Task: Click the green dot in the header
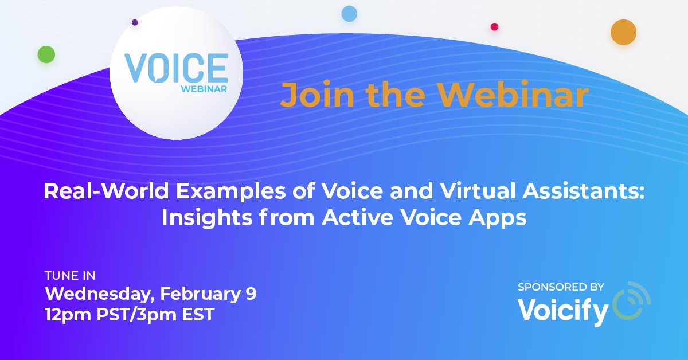point(46,54)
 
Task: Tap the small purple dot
point(135,23)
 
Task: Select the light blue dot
point(349,13)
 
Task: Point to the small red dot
point(494,26)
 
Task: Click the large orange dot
point(623,32)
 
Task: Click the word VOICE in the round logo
point(176,68)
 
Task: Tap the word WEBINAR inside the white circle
point(204,89)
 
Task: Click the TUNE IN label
point(70,276)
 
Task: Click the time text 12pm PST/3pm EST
point(130,314)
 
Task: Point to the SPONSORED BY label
point(560,287)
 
